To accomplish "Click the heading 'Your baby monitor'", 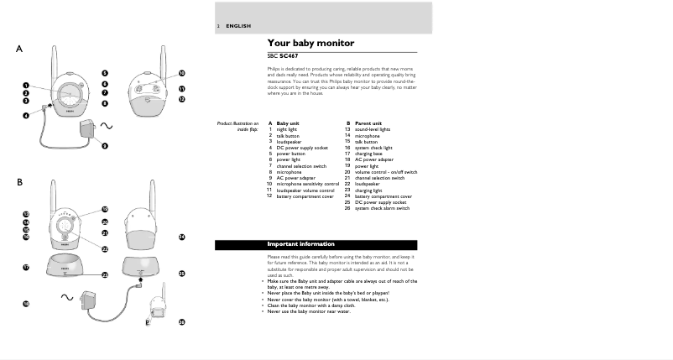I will pyautogui.click(x=310, y=43).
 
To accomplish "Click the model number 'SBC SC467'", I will pyautogui.click(x=283, y=55).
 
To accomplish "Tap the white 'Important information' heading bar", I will pyautogui.click(x=316, y=244).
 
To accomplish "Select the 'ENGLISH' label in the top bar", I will pyautogui.click(x=238, y=26).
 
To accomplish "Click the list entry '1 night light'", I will pyautogui.click(x=283, y=129).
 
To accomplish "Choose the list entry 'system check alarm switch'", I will pyautogui.click(x=382, y=207).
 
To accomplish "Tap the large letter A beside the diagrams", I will pyautogui.click(x=18, y=50).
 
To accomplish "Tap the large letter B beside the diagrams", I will pyautogui.click(x=18, y=182).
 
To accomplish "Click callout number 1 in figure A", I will pyautogui.click(x=25, y=85).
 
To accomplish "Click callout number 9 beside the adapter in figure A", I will pyautogui.click(x=105, y=146).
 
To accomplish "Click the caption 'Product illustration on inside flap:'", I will pyautogui.click(x=238, y=126).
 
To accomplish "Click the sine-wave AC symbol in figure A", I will pyautogui.click(x=107, y=125).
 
